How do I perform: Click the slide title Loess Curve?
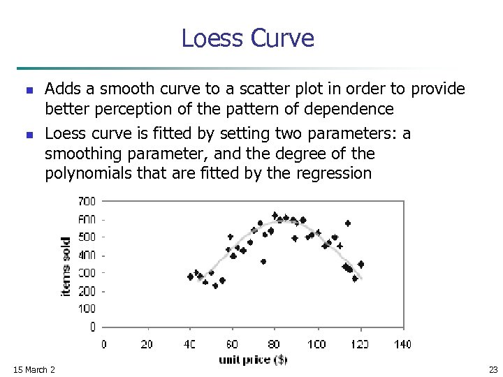pos(247,38)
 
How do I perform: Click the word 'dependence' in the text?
pos(354,110)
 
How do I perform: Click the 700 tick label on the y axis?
pos(87,201)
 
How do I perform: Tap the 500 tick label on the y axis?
pos(87,237)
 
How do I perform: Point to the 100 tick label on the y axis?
pos(87,309)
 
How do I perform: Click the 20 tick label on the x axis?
pos(147,343)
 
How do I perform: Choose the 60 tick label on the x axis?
pos(232,343)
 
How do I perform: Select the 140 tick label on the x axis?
pos(402,343)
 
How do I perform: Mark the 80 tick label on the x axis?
pos(275,343)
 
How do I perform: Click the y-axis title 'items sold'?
pos(66,265)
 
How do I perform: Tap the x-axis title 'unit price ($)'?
pos(253,360)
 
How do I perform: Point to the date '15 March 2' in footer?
pos(34,369)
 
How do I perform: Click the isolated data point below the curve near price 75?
pos(263,262)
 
